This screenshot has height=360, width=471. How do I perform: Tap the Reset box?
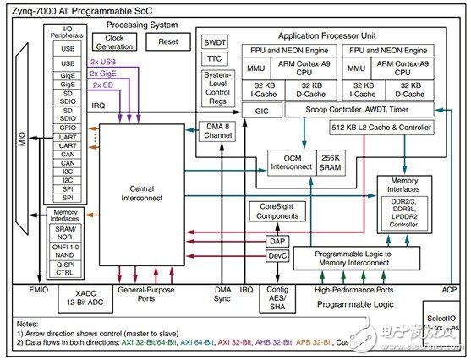pos(168,41)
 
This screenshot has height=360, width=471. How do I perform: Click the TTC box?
pos(214,59)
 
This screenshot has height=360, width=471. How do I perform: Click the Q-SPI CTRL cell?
pos(65,267)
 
